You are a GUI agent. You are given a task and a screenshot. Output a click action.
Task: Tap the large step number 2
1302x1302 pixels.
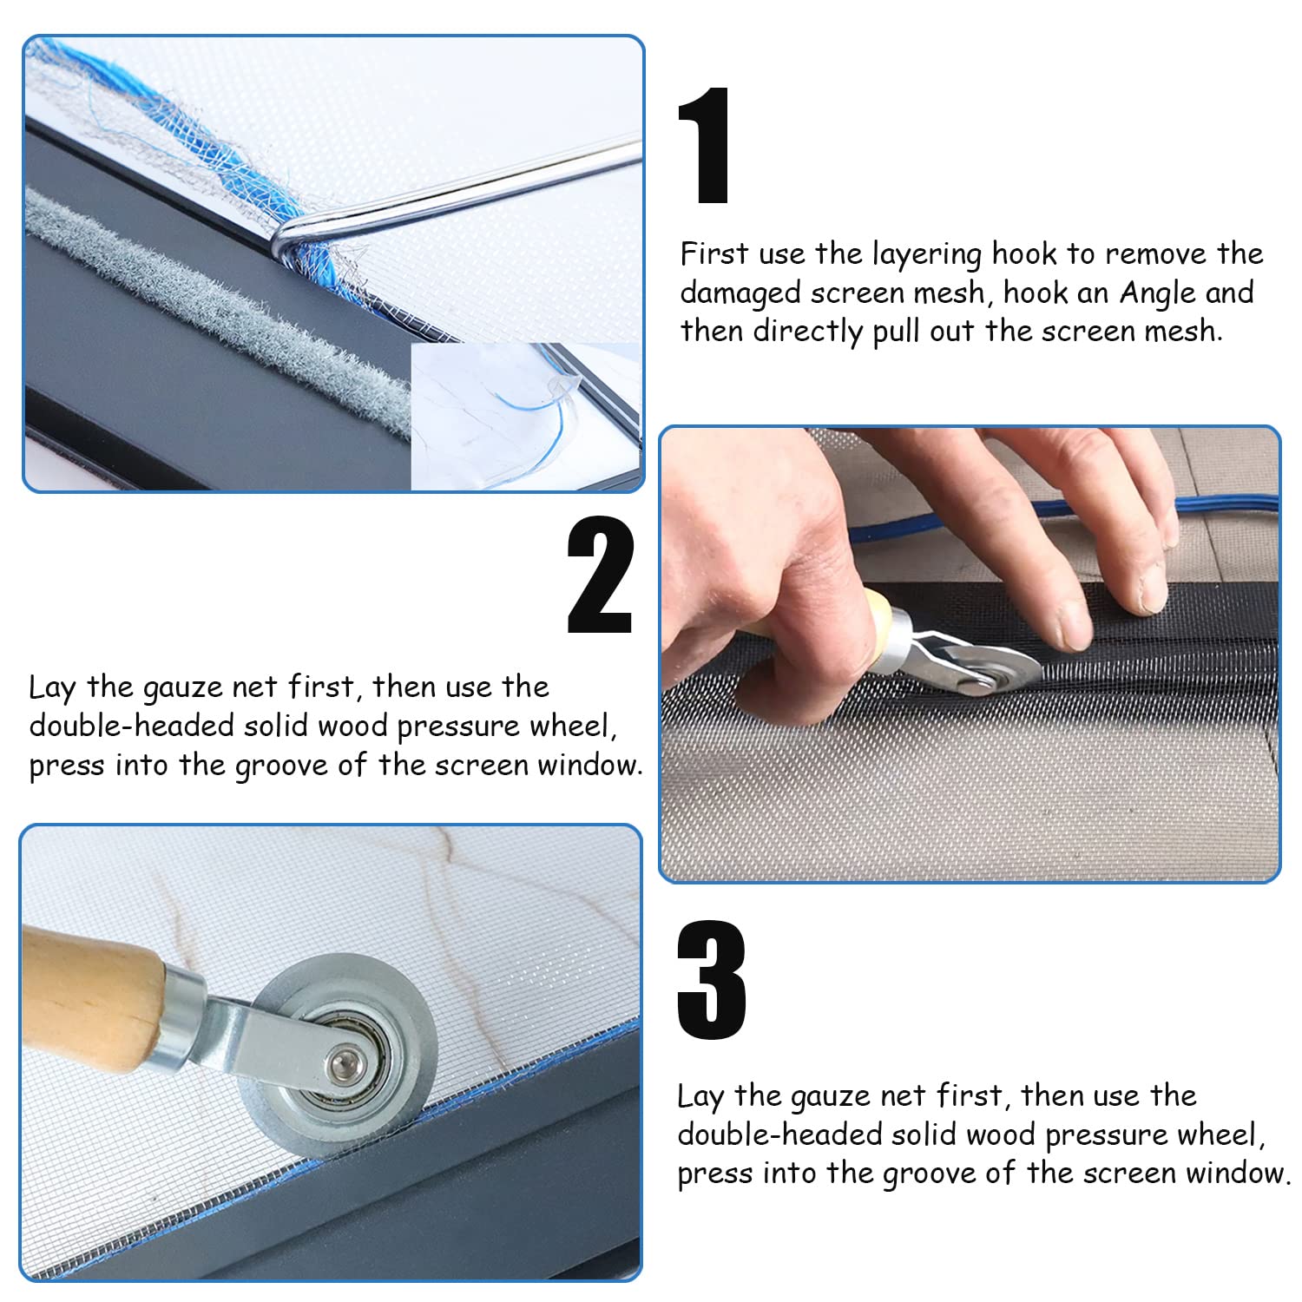(x=601, y=575)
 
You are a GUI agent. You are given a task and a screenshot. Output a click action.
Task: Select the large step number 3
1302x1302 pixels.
(x=711, y=981)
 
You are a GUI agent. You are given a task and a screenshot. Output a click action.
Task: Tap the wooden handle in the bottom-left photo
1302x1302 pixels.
(x=91, y=998)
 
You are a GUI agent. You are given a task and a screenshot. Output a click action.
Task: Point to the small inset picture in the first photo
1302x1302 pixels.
(x=526, y=417)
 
